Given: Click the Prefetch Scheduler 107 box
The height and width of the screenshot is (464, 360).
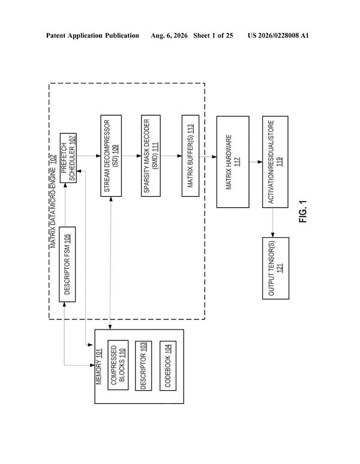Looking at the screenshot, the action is point(68,158).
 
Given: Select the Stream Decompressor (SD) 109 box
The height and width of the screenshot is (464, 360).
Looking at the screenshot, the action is point(111,155).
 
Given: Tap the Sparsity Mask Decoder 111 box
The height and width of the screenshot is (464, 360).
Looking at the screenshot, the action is point(151,155).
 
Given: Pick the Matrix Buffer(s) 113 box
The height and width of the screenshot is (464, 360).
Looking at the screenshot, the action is point(191,155).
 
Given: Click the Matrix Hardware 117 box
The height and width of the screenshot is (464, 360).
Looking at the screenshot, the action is point(233,162).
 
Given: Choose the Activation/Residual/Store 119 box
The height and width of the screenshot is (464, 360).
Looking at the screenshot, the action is point(275,162).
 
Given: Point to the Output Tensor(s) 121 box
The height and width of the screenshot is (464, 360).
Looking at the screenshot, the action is point(275,268).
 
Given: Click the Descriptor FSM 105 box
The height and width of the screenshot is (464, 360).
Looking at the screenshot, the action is point(67,264).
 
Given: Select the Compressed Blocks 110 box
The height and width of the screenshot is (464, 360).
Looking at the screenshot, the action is point(118,365).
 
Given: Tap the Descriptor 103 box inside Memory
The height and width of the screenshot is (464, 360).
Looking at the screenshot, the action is point(143,366).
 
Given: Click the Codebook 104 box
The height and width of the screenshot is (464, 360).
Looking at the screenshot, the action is point(168,366).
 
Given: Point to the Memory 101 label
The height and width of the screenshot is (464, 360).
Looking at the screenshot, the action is point(99,367).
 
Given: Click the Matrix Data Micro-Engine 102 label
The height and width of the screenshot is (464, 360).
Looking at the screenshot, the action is point(53,201).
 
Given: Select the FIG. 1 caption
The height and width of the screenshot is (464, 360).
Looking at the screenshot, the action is point(303,211).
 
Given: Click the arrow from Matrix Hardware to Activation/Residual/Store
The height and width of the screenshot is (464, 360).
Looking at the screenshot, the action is point(256,162).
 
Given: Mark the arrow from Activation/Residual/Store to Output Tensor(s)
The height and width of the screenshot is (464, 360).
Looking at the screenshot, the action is point(272,223).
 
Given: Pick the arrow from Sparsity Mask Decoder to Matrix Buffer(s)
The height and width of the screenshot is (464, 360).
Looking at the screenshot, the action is point(171,155).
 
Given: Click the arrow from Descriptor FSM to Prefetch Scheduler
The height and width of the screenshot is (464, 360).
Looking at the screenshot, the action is point(65,205).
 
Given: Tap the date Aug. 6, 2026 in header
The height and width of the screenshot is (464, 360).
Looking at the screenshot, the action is point(169,35).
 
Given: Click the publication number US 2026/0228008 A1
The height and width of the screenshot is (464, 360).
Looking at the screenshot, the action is point(278,35).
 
